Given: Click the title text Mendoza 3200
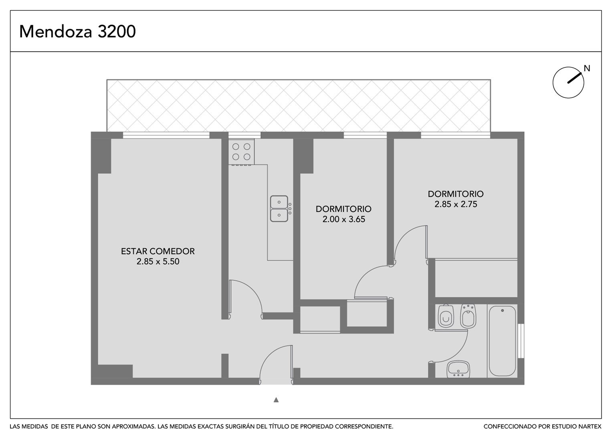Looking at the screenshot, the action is click(x=77, y=31).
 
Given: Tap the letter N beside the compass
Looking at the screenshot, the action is click(x=587, y=68).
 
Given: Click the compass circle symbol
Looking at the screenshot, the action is click(x=568, y=83).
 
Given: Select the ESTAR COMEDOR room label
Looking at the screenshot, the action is click(x=158, y=251).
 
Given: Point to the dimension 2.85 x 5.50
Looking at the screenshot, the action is click(x=158, y=261).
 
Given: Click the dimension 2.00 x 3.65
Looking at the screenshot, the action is click(x=344, y=219).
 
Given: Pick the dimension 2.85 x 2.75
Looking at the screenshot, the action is click(x=456, y=204).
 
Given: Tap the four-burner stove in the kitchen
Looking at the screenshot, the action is click(x=241, y=152).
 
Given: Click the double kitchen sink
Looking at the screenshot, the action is click(x=279, y=208).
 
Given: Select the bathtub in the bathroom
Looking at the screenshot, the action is click(x=503, y=341).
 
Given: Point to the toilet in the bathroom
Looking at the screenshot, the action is click(x=446, y=316).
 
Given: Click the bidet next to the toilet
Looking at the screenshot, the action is click(x=468, y=316).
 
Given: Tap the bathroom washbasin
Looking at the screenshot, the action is click(x=458, y=369).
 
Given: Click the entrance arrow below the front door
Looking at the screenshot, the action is click(x=276, y=400).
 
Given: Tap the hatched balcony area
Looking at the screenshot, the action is click(x=299, y=106).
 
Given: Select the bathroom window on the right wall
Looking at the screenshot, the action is click(x=521, y=341).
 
